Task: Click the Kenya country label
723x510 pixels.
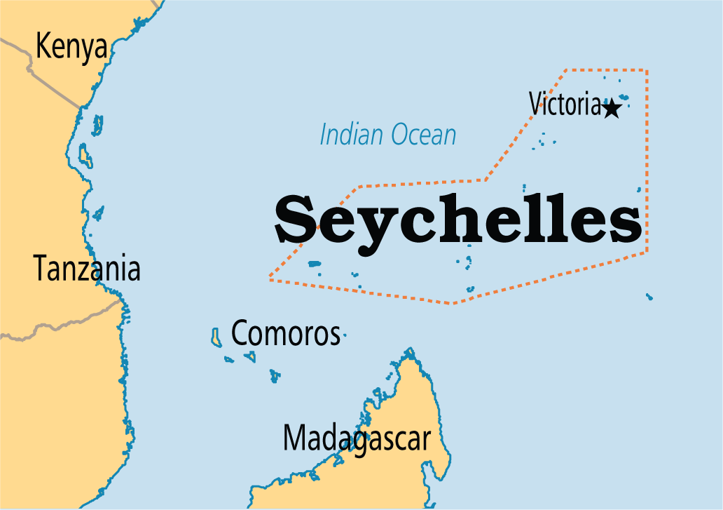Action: (71, 47)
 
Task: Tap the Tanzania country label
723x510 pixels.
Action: (87, 269)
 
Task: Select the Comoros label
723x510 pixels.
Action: (285, 334)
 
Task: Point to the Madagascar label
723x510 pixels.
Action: (356, 439)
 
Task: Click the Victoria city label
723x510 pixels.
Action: (565, 105)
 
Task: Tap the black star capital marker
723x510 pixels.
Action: (612, 108)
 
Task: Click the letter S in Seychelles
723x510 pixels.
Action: (296, 219)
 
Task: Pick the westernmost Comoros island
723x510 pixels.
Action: (215, 337)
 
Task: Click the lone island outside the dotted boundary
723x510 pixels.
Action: (649, 297)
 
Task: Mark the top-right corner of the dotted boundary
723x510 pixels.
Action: (646, 70)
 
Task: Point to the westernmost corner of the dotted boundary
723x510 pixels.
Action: (270, 279)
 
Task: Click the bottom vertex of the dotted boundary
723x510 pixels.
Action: (453, 303)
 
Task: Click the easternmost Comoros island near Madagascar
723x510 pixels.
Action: (275, 376)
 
